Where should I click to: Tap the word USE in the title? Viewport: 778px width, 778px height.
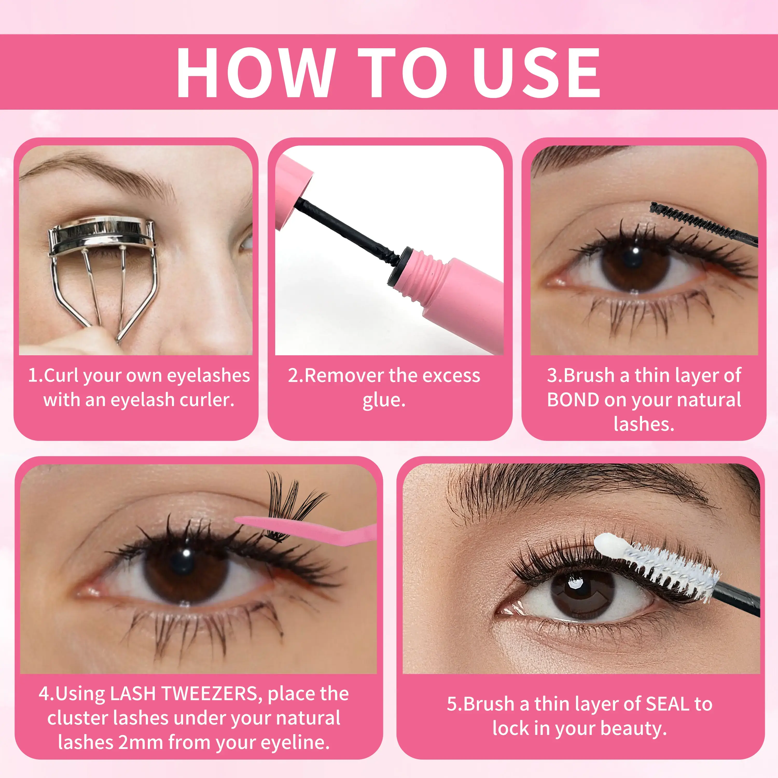[536, 73]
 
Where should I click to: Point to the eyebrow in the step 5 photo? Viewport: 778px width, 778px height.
[580, 489]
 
